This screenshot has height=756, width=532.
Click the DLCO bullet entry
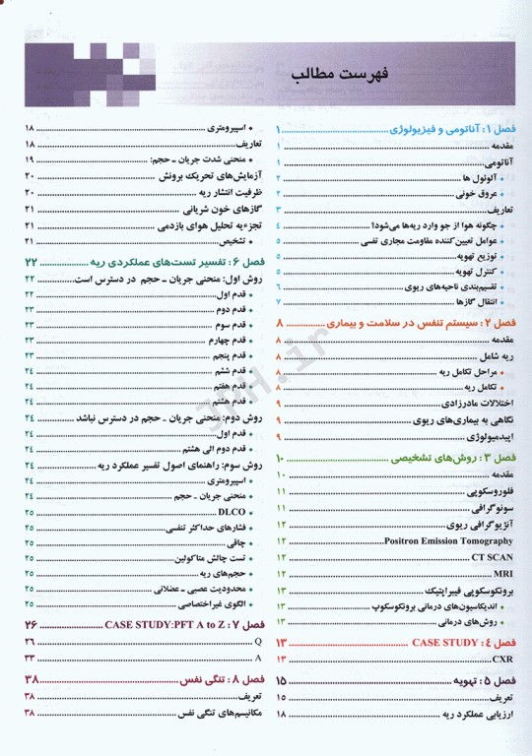(232, 513)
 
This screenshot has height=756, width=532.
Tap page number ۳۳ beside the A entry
(30, 657)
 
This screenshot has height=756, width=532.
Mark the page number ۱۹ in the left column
(30, 160)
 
